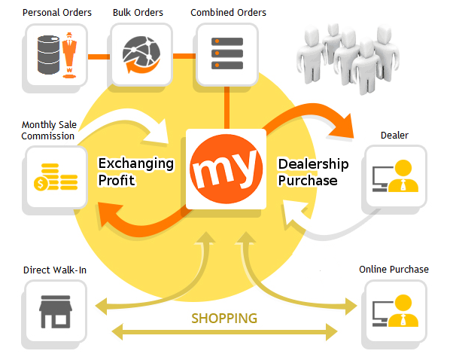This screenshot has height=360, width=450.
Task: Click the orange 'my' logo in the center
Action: click(x=227, y=169)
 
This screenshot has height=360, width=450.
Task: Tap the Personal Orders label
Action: click(x=57, y=13)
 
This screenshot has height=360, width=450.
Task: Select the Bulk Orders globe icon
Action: click(x=141, y=54)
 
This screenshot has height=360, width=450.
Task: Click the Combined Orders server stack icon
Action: click(x=227, y=53)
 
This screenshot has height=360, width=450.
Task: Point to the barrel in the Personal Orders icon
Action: click(x=48, y=54)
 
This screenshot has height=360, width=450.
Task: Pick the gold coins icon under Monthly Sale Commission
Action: click(x=56, y=177)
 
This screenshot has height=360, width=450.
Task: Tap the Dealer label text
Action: click(x=394, y=136)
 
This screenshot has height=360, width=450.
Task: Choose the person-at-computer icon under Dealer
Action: click(x=395, y=175)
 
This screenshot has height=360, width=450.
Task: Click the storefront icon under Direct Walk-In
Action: click(x=56, y=312)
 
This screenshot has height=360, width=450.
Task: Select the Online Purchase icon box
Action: click(x=396, y=312)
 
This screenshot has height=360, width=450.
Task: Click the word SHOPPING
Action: click(x=224, y=319)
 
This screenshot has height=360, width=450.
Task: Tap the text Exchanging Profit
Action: click(x=135, y=172)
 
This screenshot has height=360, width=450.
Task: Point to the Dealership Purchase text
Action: click(x=313, y=172)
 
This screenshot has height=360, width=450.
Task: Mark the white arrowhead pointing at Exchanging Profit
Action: click(x=157, y=131)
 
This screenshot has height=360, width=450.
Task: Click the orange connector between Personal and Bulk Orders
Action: click(x=99, y=57)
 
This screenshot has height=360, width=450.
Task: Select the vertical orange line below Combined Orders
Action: click(x=227, y=108)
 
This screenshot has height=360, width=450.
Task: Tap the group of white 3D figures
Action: click(x=348, y=58)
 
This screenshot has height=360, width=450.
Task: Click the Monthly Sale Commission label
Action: click(x=49, y=130)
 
